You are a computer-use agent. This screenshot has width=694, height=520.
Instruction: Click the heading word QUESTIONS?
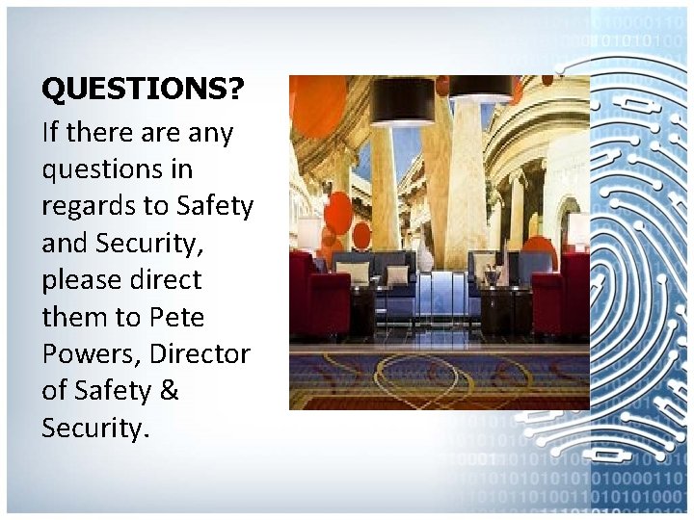tap(143, 90)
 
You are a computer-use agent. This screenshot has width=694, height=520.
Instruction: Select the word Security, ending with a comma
tap(146, 243)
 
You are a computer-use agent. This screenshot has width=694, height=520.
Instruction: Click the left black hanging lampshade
tap(403, 100)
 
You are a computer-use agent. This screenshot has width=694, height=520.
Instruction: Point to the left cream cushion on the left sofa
tap(353, 273)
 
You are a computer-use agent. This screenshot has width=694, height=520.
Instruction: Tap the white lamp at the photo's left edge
tap(308, 232)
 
